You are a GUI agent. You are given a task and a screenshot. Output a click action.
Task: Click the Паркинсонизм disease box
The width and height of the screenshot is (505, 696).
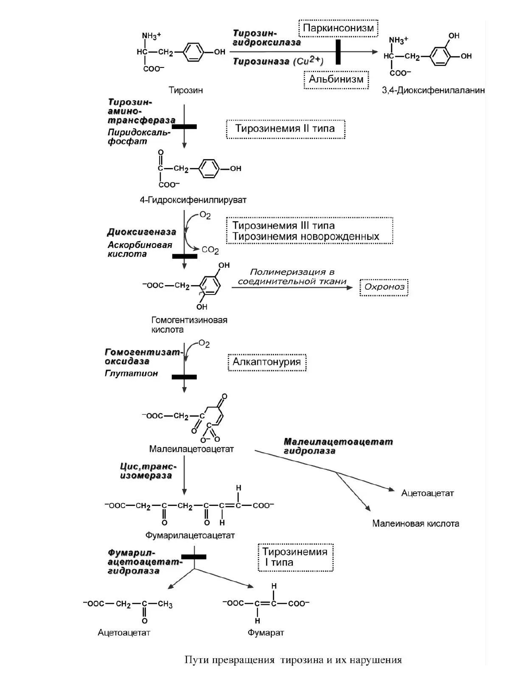pos(338,28)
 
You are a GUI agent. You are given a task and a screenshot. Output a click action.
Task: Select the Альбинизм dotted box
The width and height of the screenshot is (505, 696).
pos(336,80)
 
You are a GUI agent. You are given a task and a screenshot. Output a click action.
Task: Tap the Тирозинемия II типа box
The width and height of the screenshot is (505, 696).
pos(286,129)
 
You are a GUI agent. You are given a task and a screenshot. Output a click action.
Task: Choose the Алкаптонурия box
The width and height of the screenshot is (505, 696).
pos(267,362)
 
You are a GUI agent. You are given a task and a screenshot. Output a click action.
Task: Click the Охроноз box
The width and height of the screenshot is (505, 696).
pos(384,287)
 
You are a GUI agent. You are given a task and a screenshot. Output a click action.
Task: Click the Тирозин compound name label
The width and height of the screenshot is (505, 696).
pos(185,90)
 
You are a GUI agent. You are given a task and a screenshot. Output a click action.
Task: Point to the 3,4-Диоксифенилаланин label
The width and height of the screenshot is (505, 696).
pos(433,90)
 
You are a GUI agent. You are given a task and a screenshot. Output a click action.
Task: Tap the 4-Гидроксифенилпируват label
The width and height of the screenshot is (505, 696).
pos(193,200)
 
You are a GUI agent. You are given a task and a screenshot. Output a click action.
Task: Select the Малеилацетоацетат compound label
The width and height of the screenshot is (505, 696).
pos(191,449)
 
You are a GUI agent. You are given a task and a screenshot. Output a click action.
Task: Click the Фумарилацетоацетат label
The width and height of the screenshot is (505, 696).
pos(190,535)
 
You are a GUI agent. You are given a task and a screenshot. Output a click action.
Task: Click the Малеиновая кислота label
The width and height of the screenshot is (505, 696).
pos(415,524)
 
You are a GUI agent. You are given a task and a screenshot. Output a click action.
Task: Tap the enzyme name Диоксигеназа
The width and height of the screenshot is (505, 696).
pos(141,232)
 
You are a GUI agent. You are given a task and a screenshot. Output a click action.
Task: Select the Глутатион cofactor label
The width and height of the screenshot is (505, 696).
pos(132,373)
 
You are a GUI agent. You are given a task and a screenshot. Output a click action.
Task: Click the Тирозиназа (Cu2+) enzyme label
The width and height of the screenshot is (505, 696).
pos(278,61)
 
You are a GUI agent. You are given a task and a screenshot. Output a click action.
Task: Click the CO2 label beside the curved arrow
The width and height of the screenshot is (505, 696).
pos(210,250)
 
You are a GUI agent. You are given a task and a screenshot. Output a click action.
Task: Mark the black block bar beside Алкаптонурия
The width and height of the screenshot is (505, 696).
pos(184,377)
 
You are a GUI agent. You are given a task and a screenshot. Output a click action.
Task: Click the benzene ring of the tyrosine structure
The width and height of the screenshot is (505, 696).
pos(193,52)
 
